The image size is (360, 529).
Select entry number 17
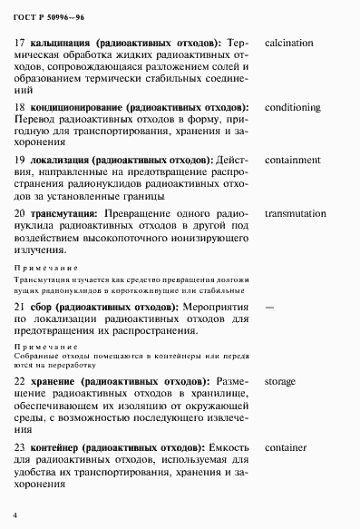tap(21, 43)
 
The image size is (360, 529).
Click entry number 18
tap(21, 108)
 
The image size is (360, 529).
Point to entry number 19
tap(21, 160)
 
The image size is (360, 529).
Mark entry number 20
tap(21, 213)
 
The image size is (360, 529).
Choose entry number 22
tap(21, 382)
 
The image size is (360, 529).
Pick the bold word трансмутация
tap(63, 213)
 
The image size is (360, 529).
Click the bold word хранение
tap(53, 382)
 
